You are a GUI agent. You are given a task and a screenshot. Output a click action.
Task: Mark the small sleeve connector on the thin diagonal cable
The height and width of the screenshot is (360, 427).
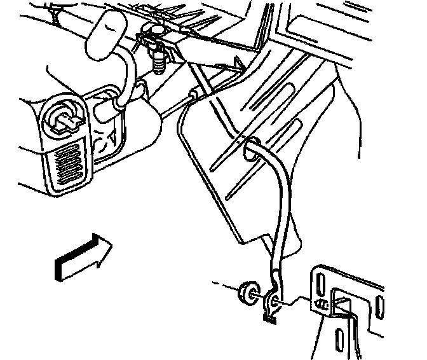click(x=194, y=94)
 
